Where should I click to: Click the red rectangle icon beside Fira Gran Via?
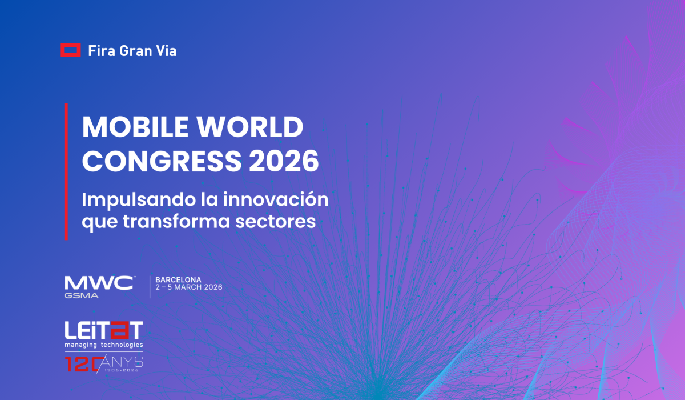pos(70,50)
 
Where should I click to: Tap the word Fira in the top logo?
pos(100,51)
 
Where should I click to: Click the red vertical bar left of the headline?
pos(66,171)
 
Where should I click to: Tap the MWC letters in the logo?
pos(99,283)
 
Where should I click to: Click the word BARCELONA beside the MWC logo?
pos(178,280)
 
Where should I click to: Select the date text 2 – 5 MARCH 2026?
pos(189,287)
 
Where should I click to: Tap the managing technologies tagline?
pos(103,345)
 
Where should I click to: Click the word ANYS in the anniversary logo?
pos(125,361)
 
